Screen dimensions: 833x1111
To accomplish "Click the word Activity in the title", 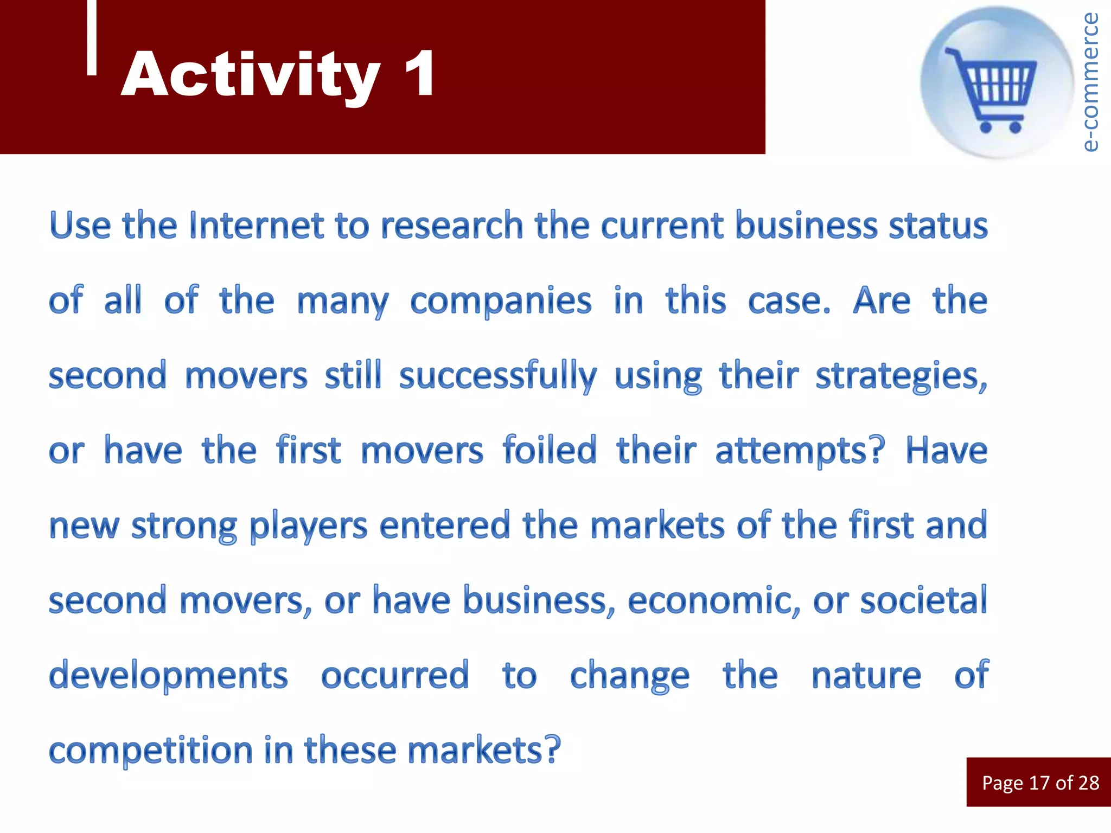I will pos(251,75).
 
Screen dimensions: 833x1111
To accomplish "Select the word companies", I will pos(500,301).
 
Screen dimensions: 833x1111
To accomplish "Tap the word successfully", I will pos(497,376).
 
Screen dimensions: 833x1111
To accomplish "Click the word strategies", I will pos(901,376).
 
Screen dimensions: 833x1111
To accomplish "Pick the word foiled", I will pos(549,450).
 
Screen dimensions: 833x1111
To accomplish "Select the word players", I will pos(308,526).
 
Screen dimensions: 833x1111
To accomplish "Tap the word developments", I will pos(168,676).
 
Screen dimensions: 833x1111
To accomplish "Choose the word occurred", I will pos(394,676).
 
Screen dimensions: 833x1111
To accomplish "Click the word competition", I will pos(151,751).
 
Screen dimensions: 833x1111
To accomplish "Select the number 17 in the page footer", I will pos(1039,783).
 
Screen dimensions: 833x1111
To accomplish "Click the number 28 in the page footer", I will pos(1088,783).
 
